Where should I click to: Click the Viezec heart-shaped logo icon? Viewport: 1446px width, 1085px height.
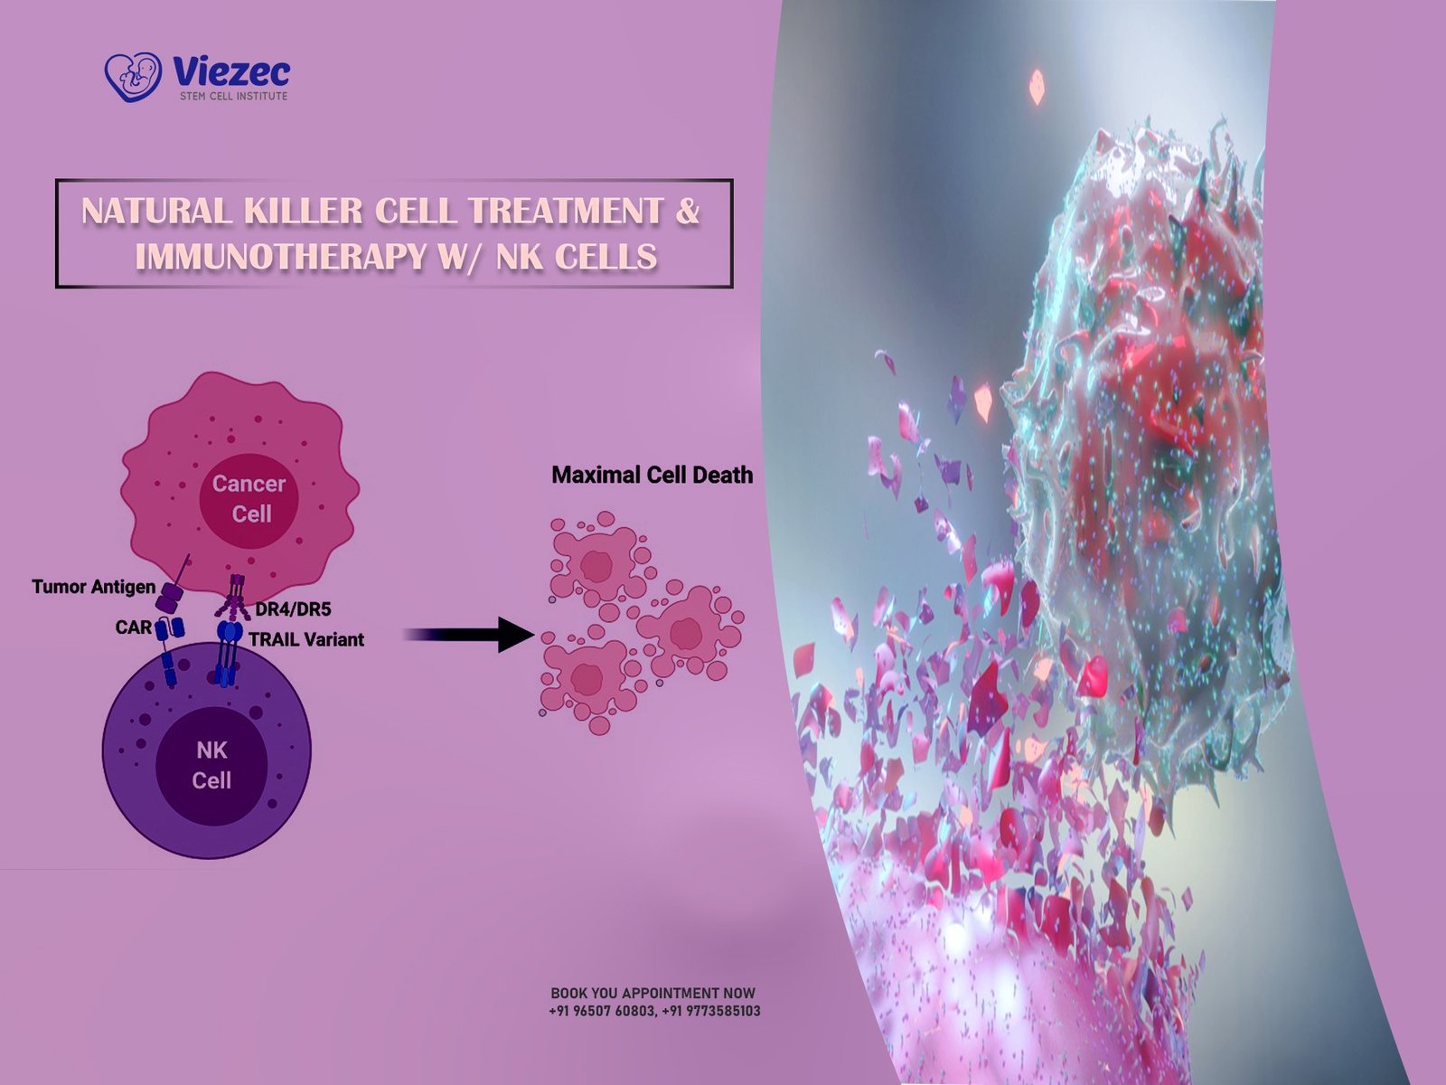coord(133,77)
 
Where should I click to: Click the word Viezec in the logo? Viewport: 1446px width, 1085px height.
coord(230,71)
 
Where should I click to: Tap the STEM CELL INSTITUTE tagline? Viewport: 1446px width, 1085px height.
coord(234,96)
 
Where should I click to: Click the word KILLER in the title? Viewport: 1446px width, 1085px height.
coord(303,211)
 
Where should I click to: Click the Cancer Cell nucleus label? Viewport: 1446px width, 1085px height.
coord(249,499)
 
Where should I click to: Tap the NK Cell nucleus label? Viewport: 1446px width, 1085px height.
coord(211,766)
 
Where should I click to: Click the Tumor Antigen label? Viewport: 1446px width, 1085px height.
coord(94,586)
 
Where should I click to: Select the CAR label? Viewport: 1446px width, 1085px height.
coord(134,627)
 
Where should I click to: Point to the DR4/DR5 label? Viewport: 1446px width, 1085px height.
coord(293,609)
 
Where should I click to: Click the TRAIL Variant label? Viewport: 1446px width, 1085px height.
coord(306,639)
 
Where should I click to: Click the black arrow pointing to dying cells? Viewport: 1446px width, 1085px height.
coord(468,635)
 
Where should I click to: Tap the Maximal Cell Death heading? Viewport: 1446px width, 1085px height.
coord(653,475)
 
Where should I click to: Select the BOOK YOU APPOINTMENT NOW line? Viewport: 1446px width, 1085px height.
coord(653,993)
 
